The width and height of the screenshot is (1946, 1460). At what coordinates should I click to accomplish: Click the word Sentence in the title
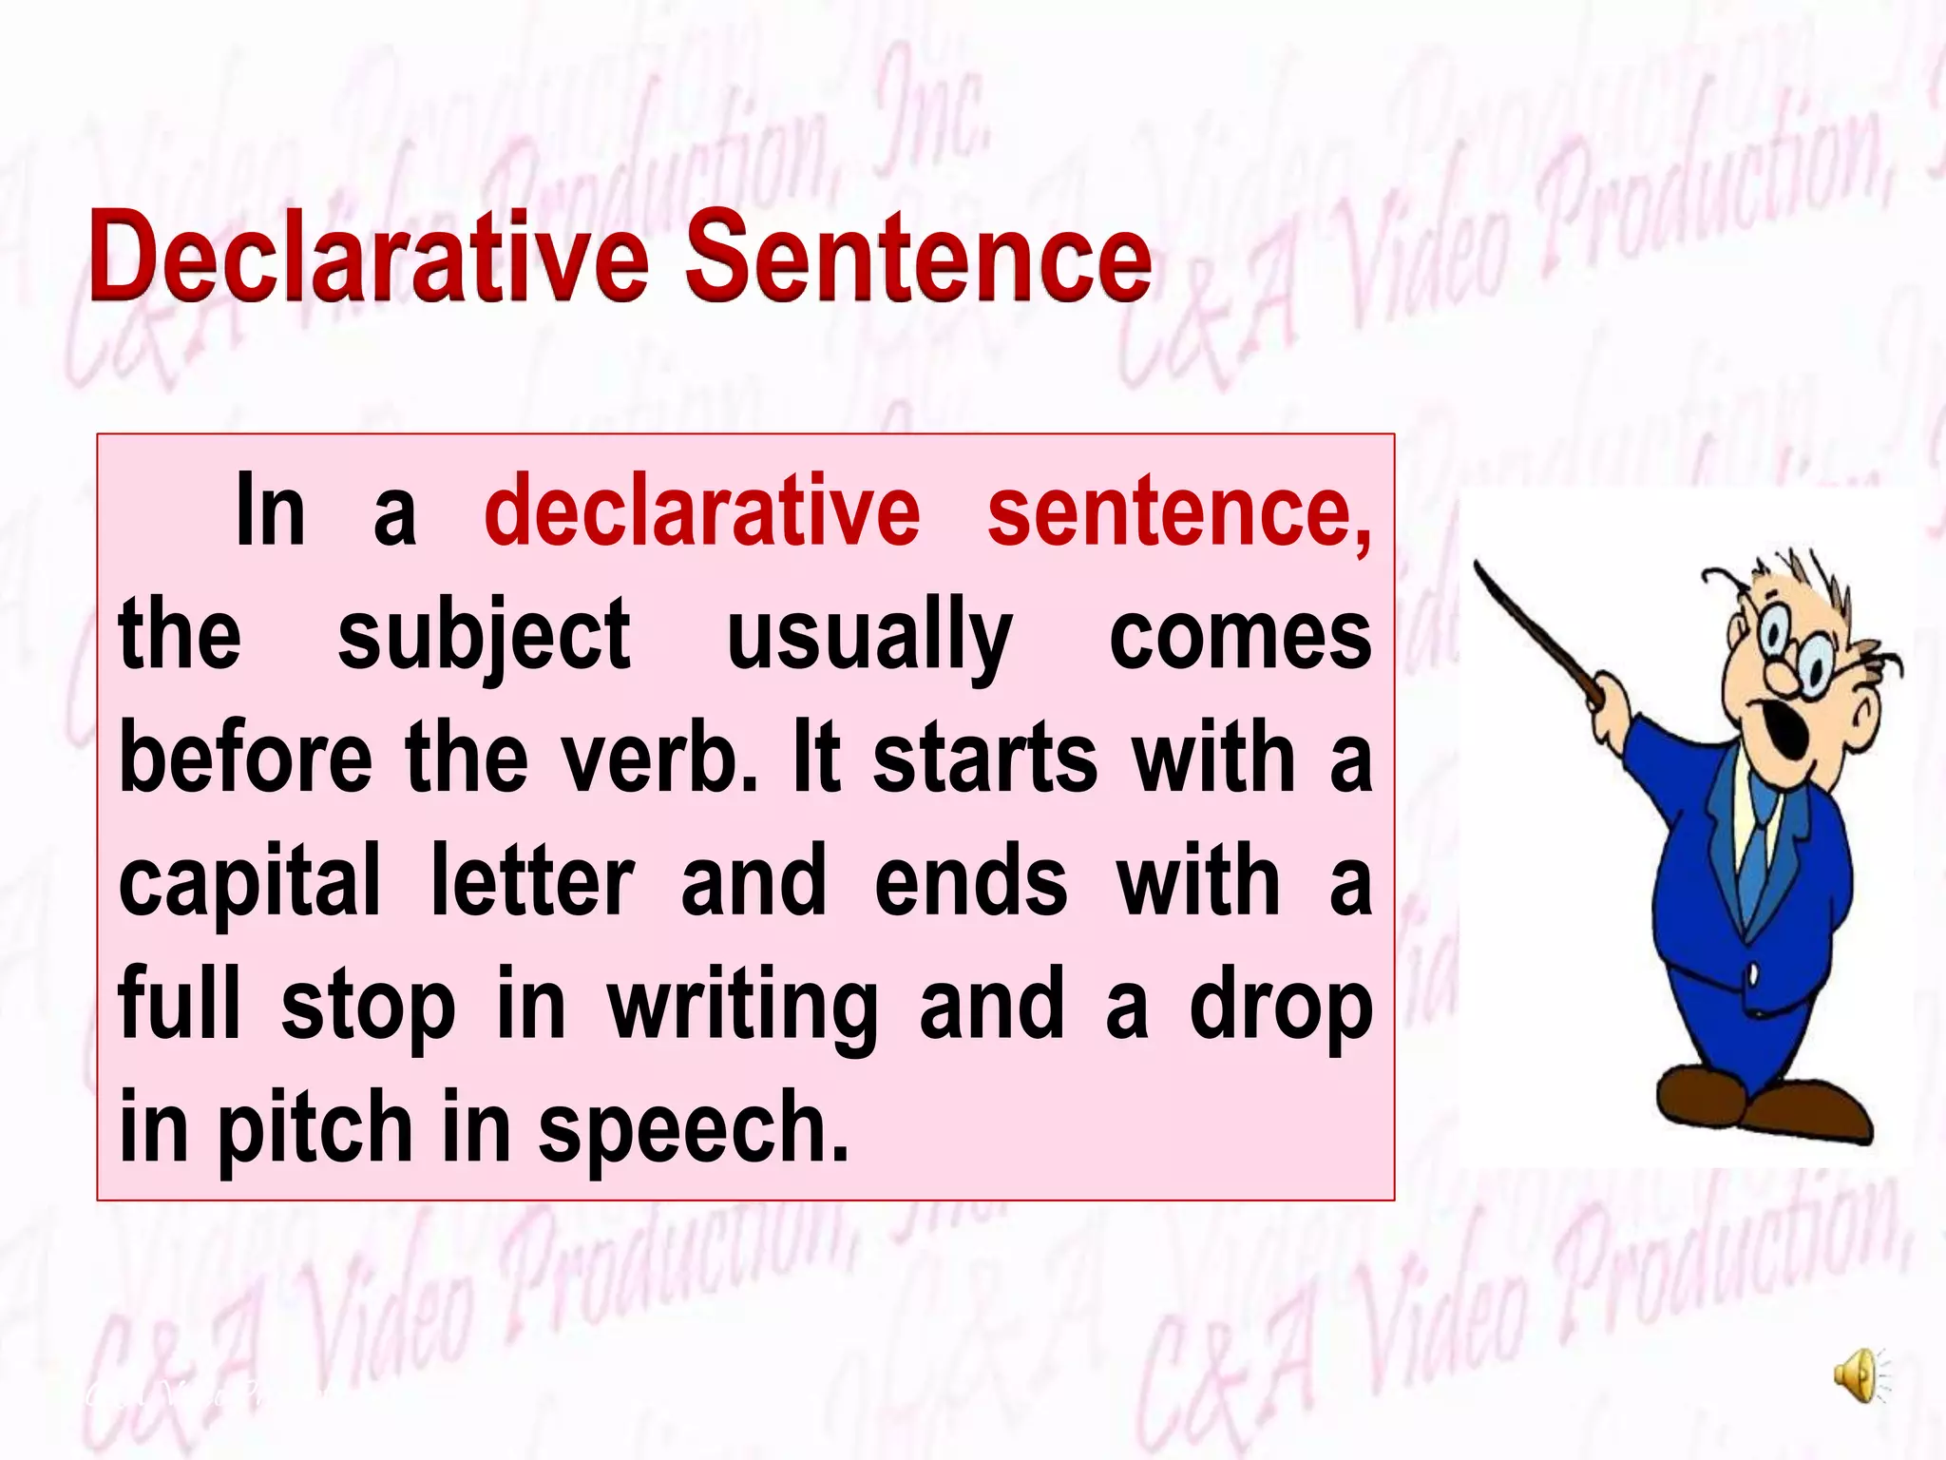[918, 255]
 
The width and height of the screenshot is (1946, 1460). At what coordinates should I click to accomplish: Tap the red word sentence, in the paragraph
[1179, 513]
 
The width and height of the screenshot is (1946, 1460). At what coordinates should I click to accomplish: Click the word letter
[532, 881]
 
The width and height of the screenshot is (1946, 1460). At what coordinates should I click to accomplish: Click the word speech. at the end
[693, 1129]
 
